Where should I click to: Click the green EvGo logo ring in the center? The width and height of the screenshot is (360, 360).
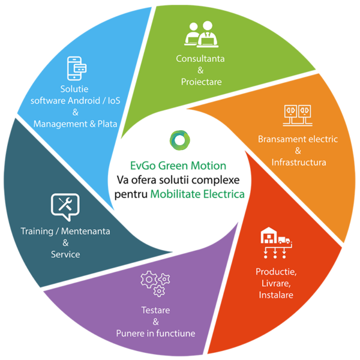coord(178,140)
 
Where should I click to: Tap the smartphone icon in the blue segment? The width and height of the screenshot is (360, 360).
coord(75,68)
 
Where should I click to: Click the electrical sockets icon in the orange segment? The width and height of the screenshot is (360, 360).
coord(298,115)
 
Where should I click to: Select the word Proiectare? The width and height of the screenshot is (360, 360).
coord(201,82)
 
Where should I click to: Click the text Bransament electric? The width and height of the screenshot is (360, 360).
coord(298,139)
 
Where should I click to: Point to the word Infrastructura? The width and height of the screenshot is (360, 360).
coord(298,163)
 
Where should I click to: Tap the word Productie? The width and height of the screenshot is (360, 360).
coord(277,272)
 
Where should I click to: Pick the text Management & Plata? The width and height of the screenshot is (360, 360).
coord(75,124)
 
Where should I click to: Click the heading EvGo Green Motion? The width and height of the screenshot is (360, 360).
coord(178,166)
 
